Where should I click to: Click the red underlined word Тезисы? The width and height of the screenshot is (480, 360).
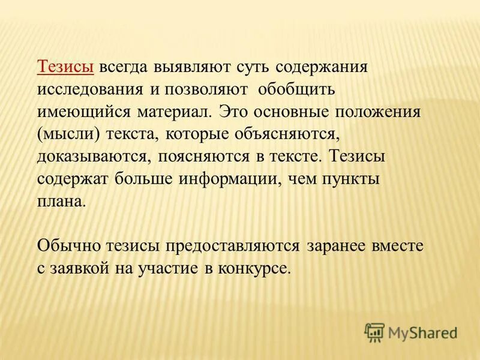tap(65, 67)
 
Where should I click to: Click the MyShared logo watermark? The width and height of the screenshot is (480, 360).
tap(410, 331)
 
